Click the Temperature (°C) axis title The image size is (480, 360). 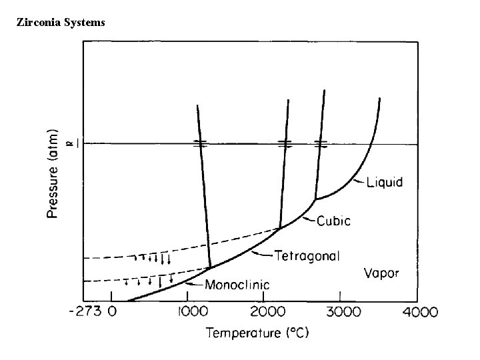(x=257, y=331)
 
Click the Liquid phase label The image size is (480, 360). (x=385, y=182)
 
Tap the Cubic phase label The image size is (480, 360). (x=334, y=221)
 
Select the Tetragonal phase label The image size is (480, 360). (x=308, y=255)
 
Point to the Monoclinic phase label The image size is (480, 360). (x=237, y=285)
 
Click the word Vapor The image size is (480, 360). (x=382, y=273)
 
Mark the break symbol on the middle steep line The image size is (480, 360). (x=285, y=143)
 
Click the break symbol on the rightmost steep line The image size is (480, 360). (x=321, y=143)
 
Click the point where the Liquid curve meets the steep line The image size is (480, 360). (x=315, y=199)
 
